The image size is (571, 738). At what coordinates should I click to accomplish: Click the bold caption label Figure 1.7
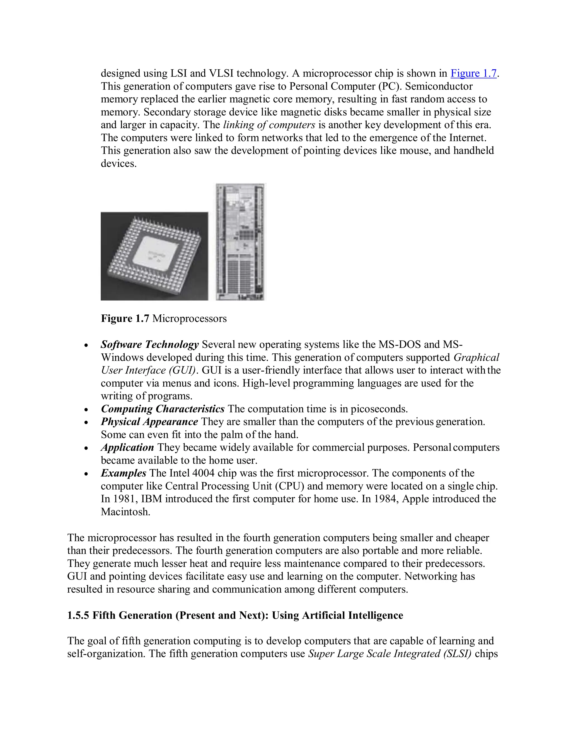pyautogui.click(x=125, y=318)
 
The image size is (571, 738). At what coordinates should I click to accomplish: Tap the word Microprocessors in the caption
pyautogui.click(x=189, y=318)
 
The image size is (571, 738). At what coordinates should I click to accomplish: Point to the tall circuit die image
pyautogui.click(x=241, y=242)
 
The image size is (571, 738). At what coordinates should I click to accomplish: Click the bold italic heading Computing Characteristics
pyautogui.click(x=162, y=409)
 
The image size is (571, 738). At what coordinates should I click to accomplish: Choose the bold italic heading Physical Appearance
pyautogui.click(x=149, y=422)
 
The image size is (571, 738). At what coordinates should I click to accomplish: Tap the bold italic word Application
pyautogui.click(x=127, y=448)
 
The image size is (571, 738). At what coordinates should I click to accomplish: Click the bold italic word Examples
pyautogui.click(x=124, y=473)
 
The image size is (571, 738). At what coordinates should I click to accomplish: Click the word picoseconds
pyautogui.click(x=379, y=409)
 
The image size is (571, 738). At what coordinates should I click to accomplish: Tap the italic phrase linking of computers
pyautogui.click(x=269, y=125)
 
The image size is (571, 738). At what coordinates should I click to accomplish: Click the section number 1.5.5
pyautogui.click(x=78, y=615)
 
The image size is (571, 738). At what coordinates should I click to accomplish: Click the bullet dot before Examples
pyautogui.click(x=87, y=474)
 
